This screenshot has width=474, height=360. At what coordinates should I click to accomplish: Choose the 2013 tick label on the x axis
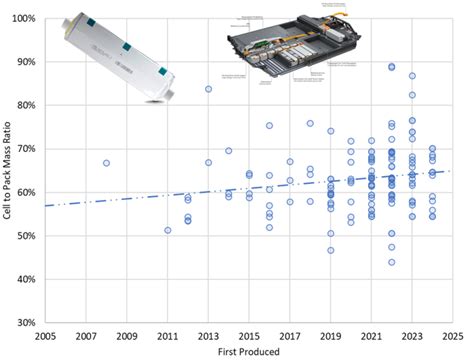208,336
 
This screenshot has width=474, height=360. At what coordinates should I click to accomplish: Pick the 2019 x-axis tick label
330,336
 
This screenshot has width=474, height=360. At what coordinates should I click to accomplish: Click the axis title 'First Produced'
248,351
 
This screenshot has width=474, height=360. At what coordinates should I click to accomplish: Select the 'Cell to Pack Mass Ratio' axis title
8,171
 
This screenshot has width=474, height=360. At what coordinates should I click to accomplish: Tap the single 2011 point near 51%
167,230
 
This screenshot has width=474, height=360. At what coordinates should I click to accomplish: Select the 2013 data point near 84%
208,89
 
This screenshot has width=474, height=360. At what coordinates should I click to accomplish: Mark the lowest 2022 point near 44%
391,262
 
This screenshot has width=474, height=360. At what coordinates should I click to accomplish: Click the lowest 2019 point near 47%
330,250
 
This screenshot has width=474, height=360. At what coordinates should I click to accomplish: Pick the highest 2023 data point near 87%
412,76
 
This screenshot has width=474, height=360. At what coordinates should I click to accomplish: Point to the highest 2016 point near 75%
269,126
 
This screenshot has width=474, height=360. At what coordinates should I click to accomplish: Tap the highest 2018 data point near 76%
310,124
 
